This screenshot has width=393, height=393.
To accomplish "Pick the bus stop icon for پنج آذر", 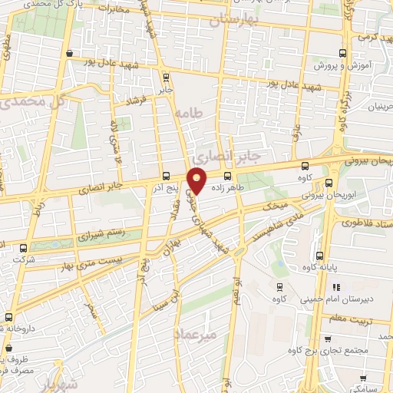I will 167,176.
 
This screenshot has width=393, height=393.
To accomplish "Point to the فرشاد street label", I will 140,101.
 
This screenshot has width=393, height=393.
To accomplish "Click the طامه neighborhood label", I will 191,113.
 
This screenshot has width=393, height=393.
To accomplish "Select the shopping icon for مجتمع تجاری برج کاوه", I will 328,338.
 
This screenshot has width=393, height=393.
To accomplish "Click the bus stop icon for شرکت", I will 24,248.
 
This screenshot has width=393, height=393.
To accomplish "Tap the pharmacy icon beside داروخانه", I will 8,316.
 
